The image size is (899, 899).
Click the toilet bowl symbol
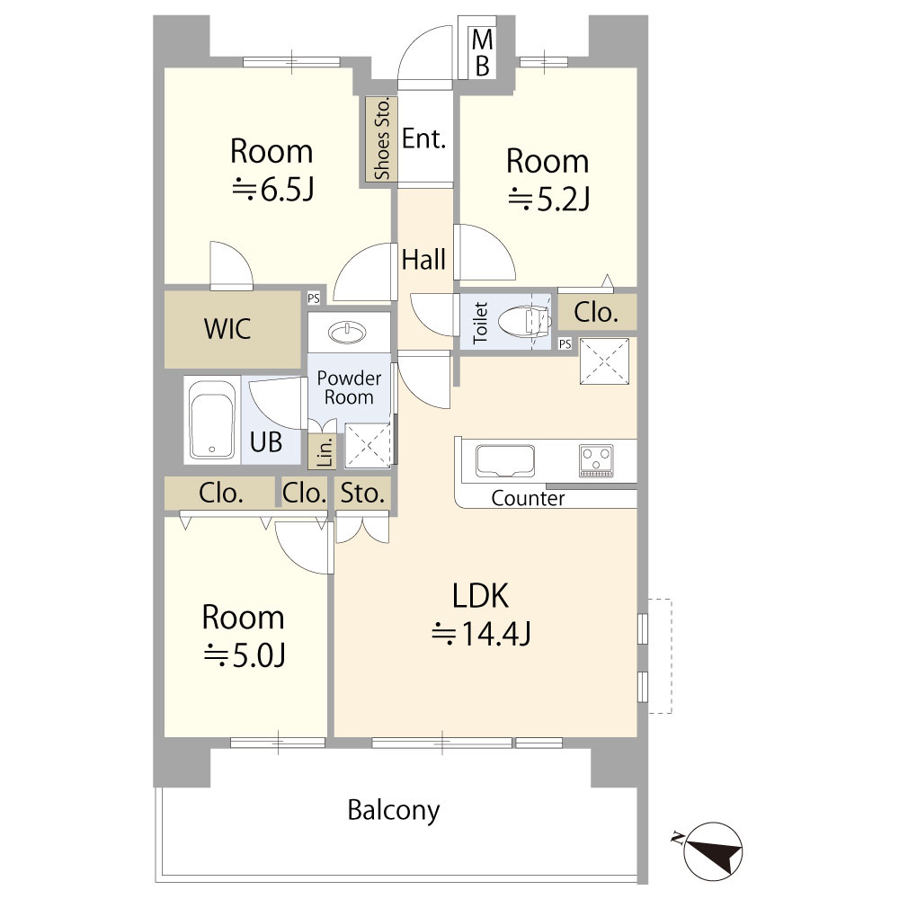[524, 322]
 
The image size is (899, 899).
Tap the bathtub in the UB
[211, 420]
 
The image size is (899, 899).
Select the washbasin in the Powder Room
[347, 332]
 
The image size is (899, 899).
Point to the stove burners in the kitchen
[596, 460]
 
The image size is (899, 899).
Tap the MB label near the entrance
[482, 53]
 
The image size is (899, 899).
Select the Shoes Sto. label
[381, 138]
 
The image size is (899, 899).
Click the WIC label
[227, 328]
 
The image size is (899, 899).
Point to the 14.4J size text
[481, 633]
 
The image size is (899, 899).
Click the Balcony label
[394, 810]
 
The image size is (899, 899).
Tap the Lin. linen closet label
[325, 452]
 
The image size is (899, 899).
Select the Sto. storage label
[362, 493]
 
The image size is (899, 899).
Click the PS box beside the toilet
[565, 343]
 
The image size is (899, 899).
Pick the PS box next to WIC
[314, 298]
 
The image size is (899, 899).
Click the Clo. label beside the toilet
[596, 313]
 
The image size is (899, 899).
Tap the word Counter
[528, 498]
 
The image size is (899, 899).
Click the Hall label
[423, 259]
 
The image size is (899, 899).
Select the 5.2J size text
[548, 199]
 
